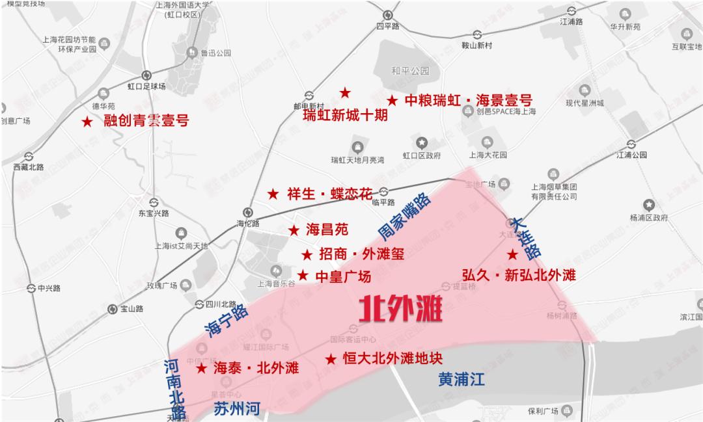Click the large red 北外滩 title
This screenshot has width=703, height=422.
[x=402, y=310]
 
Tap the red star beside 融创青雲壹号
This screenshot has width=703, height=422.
[x=87, y=122]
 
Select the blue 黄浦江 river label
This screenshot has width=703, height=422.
[x=462, y=380]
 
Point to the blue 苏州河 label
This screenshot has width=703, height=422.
[x=238, y=408]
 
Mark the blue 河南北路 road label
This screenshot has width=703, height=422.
[x=174, y=391]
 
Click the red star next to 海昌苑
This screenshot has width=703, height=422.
[x=294, y=230]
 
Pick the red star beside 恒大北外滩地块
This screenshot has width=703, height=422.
[x=331, y=359]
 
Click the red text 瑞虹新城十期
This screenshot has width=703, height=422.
[x=345, y=116]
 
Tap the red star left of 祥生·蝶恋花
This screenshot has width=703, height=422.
[x=273, y=194]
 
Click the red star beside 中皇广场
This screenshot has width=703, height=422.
[x=303, y=276]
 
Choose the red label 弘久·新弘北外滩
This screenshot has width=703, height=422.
[x=519, y=275]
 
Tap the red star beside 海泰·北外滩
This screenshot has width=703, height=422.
[x=201, y=368]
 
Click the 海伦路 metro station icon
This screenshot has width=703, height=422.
[x=247, y=211]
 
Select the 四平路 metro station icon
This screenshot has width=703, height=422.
[x=388, y=15]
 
